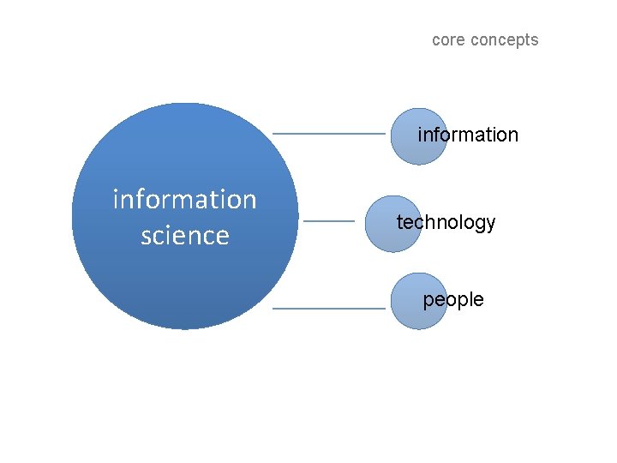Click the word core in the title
(447, 40)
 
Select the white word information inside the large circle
(184, 199)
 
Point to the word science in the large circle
(184, 236)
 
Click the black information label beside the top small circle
(468, 135)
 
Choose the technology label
(446, 223)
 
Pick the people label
(453, 299)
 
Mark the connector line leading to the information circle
(329, 134)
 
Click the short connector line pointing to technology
(329, 221)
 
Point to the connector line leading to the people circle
(329, 308)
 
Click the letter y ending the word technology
(491, 225)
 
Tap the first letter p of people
(428, 301)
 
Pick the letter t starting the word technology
(398, 222)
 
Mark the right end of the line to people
(383, 308)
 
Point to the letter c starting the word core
(436, 40)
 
